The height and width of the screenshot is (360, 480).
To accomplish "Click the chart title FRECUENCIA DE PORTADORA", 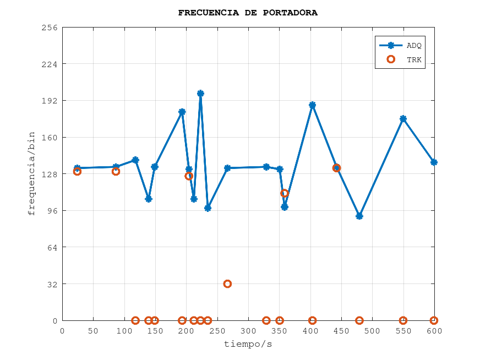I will tap(248, 13).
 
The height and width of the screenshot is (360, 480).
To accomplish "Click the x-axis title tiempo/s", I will tap(248, 345).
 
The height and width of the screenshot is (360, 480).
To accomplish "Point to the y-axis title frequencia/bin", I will tap(31, 173).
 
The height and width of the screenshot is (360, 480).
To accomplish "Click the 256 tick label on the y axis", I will tap(50, 27).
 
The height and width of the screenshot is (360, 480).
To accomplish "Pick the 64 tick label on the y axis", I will tap(52, 247).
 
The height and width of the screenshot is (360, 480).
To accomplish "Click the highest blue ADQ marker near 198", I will tap(200, 94).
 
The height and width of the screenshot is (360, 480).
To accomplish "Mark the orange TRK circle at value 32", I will tap(227, 284).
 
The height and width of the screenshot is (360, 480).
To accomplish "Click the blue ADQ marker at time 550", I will tap(403, 119).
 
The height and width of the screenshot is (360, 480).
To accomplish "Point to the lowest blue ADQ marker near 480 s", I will tap(359, 216).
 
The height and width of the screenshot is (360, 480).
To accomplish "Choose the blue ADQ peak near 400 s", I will tap(313, 105).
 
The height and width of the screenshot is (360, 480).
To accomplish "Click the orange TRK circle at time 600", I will tap(434, 320).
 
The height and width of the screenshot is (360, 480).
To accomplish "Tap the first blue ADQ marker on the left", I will tap(77, 168).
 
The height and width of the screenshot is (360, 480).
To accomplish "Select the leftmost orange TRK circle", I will tap(77, 171).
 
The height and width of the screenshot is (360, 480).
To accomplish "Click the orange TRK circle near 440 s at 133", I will tap(336, 168).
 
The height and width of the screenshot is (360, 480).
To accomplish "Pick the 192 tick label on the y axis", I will tap(50, 101).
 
